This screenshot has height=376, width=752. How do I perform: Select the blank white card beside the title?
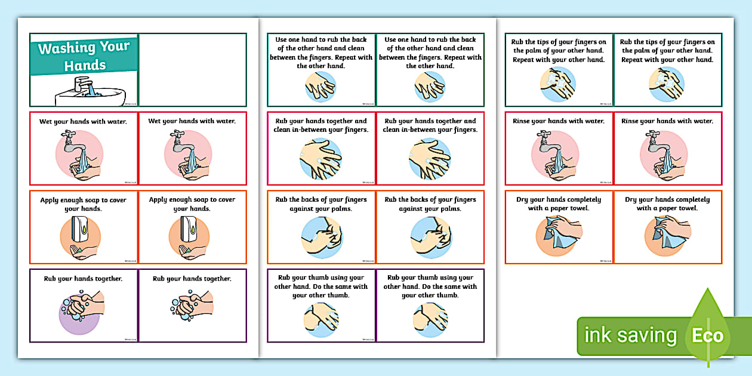click(x=192, y=70)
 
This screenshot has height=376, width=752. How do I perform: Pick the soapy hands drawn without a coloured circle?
click(x=192, y=304)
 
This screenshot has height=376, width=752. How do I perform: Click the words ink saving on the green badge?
click(x=631, y=335)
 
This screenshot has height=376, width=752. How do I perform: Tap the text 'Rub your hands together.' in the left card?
click(x=83, y=278)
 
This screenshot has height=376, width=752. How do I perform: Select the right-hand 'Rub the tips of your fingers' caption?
click(x=667, y=51)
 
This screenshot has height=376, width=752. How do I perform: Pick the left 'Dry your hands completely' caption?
click(x=559, y=204)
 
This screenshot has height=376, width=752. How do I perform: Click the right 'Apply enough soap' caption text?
click(x=192, y=204)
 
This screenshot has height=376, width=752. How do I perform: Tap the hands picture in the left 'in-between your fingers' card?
click(x=320, y=158)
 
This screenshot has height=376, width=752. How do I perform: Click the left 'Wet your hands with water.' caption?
click(x=84, y=121)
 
